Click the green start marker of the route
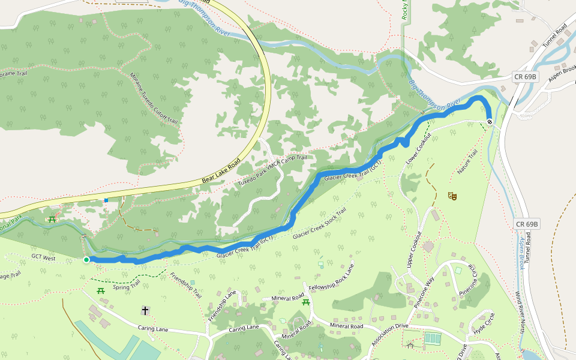click(x=86, y=260)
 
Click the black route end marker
click(x=490, y=122)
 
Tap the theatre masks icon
click(x=452, y=196)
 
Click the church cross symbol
click(x=145, y=310)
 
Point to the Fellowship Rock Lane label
click(x=331, y=277)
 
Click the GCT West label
click(x=43, y=257)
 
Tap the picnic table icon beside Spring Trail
click(x=101, y=291)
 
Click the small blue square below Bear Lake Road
click(x=106, y=200)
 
